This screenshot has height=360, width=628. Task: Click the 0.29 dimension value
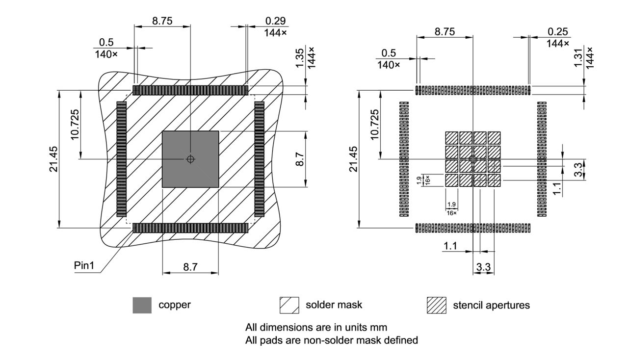(x=276, y=21)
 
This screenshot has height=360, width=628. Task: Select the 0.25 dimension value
(x=558, y=32)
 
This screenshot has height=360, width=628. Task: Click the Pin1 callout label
(x=84, y=265)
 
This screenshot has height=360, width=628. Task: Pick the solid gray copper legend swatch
(x=142, y=305)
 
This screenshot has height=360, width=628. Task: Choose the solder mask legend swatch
(x=289, y=305)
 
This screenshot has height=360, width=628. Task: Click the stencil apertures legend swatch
(x=436, y=305)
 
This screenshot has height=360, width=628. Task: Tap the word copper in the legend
(x=174, y=305)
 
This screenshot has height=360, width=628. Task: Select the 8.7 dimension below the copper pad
(x=190, y=267)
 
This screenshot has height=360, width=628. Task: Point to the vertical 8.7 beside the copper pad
(x=300, y=159)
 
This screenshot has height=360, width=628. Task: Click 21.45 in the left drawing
(x=53, y=159)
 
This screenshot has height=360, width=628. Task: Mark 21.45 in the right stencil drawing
(x=353, y=159)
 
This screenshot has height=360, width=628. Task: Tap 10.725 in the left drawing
(x=75, y=125)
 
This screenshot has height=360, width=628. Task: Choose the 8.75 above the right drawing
(x=445, y=32)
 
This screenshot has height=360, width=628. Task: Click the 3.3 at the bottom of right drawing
(x=484, y=267)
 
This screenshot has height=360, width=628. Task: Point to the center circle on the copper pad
(x=190, y=159)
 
